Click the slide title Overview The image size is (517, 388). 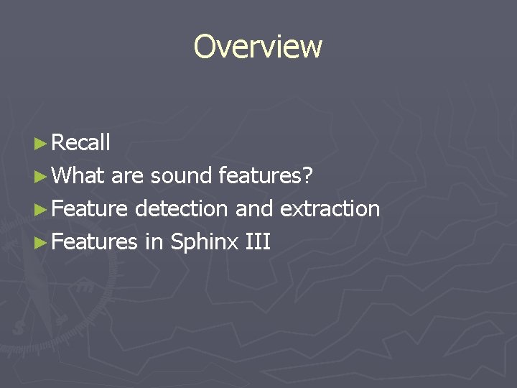click(258, 47)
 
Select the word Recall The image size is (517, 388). click(81, 143)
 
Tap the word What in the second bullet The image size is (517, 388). click(79, 176)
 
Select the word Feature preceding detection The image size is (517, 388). click(90, 209)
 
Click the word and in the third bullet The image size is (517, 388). click(254, 209)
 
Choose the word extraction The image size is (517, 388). click(330, 209)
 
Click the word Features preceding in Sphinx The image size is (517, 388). click(95, 242)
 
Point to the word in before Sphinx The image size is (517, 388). click(154, 242)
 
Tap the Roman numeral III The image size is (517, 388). click(258, 242)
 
